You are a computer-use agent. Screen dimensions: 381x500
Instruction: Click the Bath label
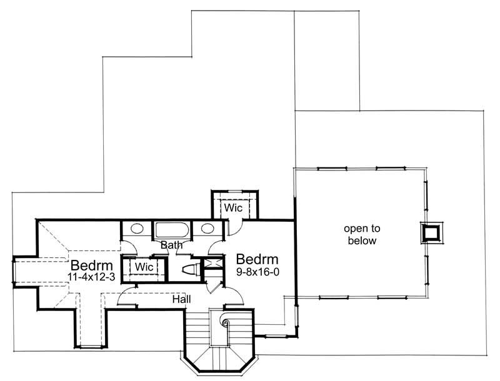(x=171, y=245)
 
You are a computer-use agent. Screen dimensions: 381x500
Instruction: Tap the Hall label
(x=182, y=299)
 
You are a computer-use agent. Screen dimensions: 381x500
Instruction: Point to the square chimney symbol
(x=431, y=232)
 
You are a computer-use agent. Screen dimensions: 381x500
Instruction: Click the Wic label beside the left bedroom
(x=145, y=267)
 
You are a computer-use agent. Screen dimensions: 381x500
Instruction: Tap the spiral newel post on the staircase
(x=226, y=324)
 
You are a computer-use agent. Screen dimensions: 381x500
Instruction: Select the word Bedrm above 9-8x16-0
(x=256, y=259)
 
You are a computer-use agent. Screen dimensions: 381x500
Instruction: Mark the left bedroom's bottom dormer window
(x=92, y=345)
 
